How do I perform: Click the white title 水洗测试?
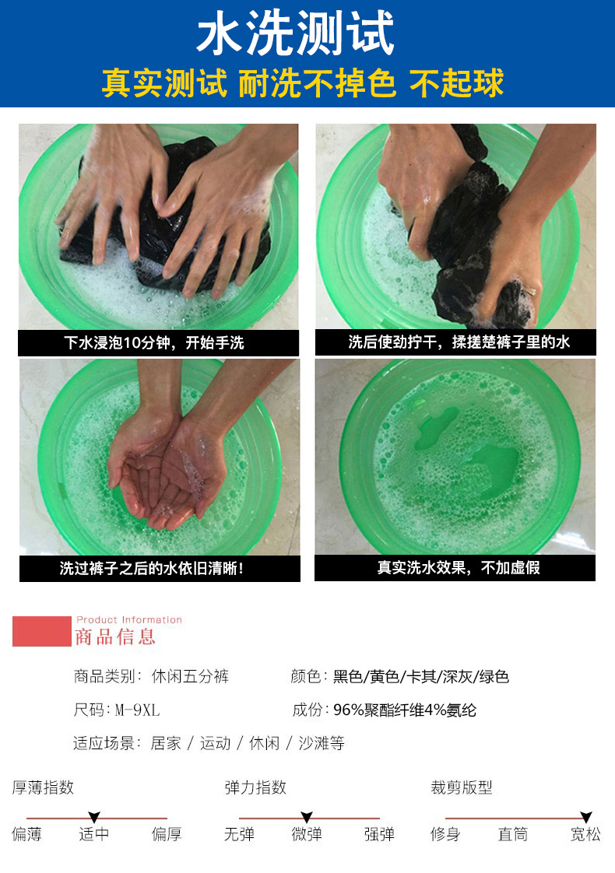[x=296, y=33]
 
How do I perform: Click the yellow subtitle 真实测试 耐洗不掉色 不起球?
[x=303, y=83]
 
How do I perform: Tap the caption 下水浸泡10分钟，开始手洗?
[x=154, y=342]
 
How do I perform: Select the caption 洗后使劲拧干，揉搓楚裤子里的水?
[x=459, y=342]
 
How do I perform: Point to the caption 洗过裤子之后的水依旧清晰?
[x=152, y=569]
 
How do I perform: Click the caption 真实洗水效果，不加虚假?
[x=459, y=567]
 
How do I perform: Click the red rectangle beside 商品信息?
[x=42, y=631]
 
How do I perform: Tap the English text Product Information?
[x=129, y=619]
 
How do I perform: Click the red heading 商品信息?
[x=115, y=637]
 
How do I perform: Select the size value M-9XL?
[x=137, y=710]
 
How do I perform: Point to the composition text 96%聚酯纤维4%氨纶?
[x=405, y=710]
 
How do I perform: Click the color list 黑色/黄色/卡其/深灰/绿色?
[x=421, y=676]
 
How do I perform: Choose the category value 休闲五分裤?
[x=190, y=676]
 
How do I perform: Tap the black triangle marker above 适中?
[x=94, y=817]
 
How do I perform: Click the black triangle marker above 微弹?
[x=307, y=817]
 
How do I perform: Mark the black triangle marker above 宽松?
[x=585, y=817]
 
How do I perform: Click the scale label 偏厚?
[x=167, y=834]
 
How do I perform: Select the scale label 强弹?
[x=379, y=834]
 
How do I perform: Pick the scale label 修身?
[x=445, y=834]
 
